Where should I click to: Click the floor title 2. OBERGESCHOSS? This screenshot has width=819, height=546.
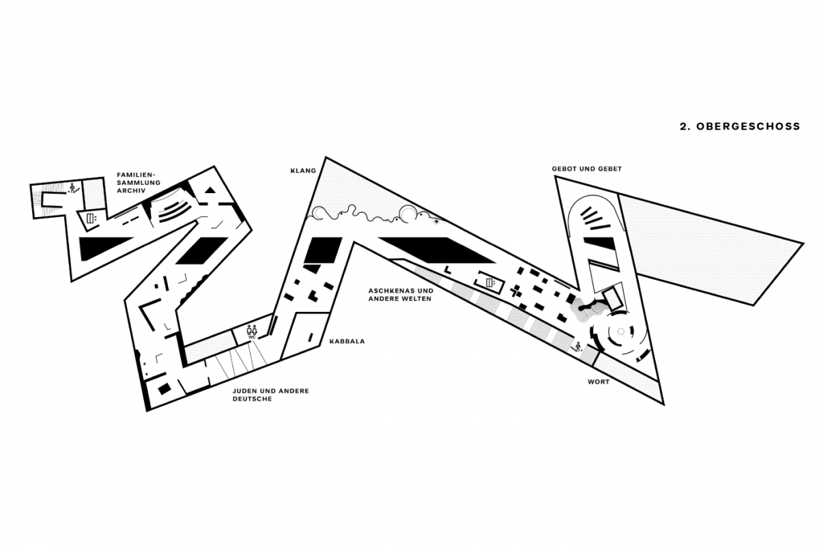pos(740,126)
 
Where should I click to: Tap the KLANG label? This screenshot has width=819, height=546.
pos(303,171)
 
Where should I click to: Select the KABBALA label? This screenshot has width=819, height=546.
pos(347,341)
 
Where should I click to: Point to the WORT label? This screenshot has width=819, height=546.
pos(599,382)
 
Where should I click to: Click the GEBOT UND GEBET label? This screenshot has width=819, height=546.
pos(587,169)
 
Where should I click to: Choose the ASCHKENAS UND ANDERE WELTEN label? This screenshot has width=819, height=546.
pos(401,295)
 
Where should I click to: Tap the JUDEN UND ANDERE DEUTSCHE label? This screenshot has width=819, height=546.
pos(270,394)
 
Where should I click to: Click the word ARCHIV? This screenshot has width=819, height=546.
pos(131,190)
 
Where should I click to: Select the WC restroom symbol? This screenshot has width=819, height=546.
pos(253,331)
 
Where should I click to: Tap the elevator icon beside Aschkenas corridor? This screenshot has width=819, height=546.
pos(490,283)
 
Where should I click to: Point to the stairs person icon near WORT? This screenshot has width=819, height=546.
pos(577,346)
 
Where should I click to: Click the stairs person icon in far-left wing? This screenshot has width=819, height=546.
pos(73,188)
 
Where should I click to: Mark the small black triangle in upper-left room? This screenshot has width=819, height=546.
pos(210,190)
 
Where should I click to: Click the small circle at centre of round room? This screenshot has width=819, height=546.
pos(620,331)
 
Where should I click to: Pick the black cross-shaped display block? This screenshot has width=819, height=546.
pos(516,292)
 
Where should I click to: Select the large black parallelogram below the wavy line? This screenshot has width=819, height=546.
pos(437,250)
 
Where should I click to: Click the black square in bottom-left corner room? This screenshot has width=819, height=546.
pos(164,389)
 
